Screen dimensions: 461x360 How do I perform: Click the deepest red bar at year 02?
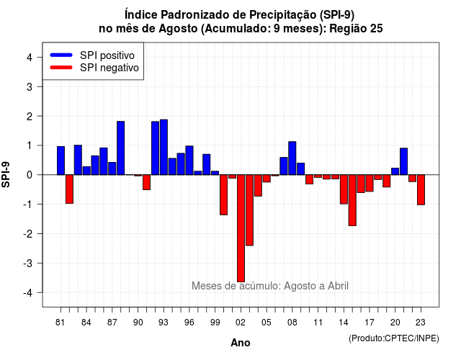[x=241, y=228]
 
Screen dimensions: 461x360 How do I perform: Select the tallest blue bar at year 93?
[x=164, y=147]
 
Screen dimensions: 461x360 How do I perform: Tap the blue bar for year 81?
[x=61, y=161]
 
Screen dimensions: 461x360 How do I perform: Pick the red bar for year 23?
[x=421, y=189]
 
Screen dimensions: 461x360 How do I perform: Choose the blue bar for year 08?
[x=292, y=158]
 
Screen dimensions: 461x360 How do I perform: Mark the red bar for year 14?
[x=344, y=189]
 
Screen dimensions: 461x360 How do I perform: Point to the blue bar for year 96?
[x=189, y=160]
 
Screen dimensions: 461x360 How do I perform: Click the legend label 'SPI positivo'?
[x=107, y=55]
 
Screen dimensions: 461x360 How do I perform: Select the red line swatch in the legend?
[x=61, y=68]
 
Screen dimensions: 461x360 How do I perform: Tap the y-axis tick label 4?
[x=30, y=58]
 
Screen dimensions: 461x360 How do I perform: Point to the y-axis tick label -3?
[x=28, y=263]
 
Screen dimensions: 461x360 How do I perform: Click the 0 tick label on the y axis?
[x=30, y=175]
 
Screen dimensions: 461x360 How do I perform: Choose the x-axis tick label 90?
[x=138, y=323]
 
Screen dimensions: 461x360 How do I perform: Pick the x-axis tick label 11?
[x=318, y=323]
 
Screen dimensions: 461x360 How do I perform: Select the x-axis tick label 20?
[x=395, y=323]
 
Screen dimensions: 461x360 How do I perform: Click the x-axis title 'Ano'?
[x=241, y=343]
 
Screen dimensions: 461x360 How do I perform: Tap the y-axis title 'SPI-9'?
[x=6, y=174]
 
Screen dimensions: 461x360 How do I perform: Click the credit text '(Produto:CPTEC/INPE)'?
[x=394, y=338]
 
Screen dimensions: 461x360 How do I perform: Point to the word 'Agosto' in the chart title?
[x=178, y=29]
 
